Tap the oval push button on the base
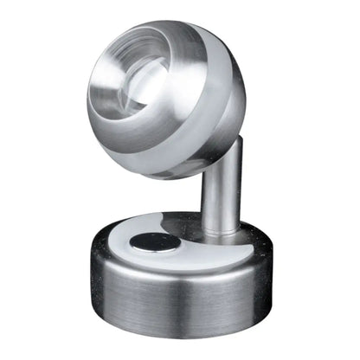(x=155, y=244)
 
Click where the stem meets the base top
(x=222, y=232)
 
